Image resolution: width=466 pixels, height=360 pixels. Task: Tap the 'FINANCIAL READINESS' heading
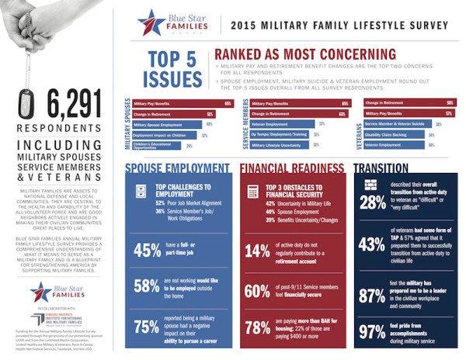[288, 168]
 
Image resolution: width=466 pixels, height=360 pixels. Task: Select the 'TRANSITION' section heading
[381, 168]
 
